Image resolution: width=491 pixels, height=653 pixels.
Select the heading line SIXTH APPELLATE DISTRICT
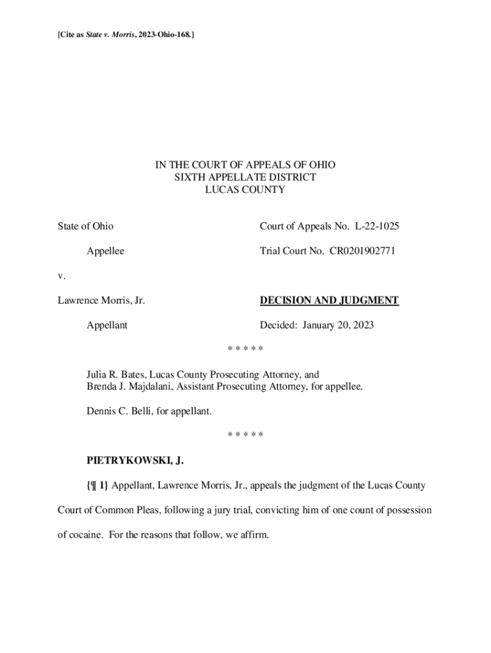(246, 177)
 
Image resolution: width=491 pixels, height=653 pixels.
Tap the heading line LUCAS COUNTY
(246, 189)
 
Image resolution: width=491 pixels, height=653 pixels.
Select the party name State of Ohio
(85, 226)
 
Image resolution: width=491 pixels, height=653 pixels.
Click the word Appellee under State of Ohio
(105, 251)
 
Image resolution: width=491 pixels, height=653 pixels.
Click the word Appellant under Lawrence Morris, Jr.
(107, 325)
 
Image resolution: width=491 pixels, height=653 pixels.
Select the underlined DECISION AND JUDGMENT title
(329, 300)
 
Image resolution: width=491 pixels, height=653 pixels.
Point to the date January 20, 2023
(338, 325)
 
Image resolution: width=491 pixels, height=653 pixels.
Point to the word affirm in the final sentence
(255, 535)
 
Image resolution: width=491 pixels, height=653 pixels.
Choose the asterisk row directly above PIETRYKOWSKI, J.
(246, 435)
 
